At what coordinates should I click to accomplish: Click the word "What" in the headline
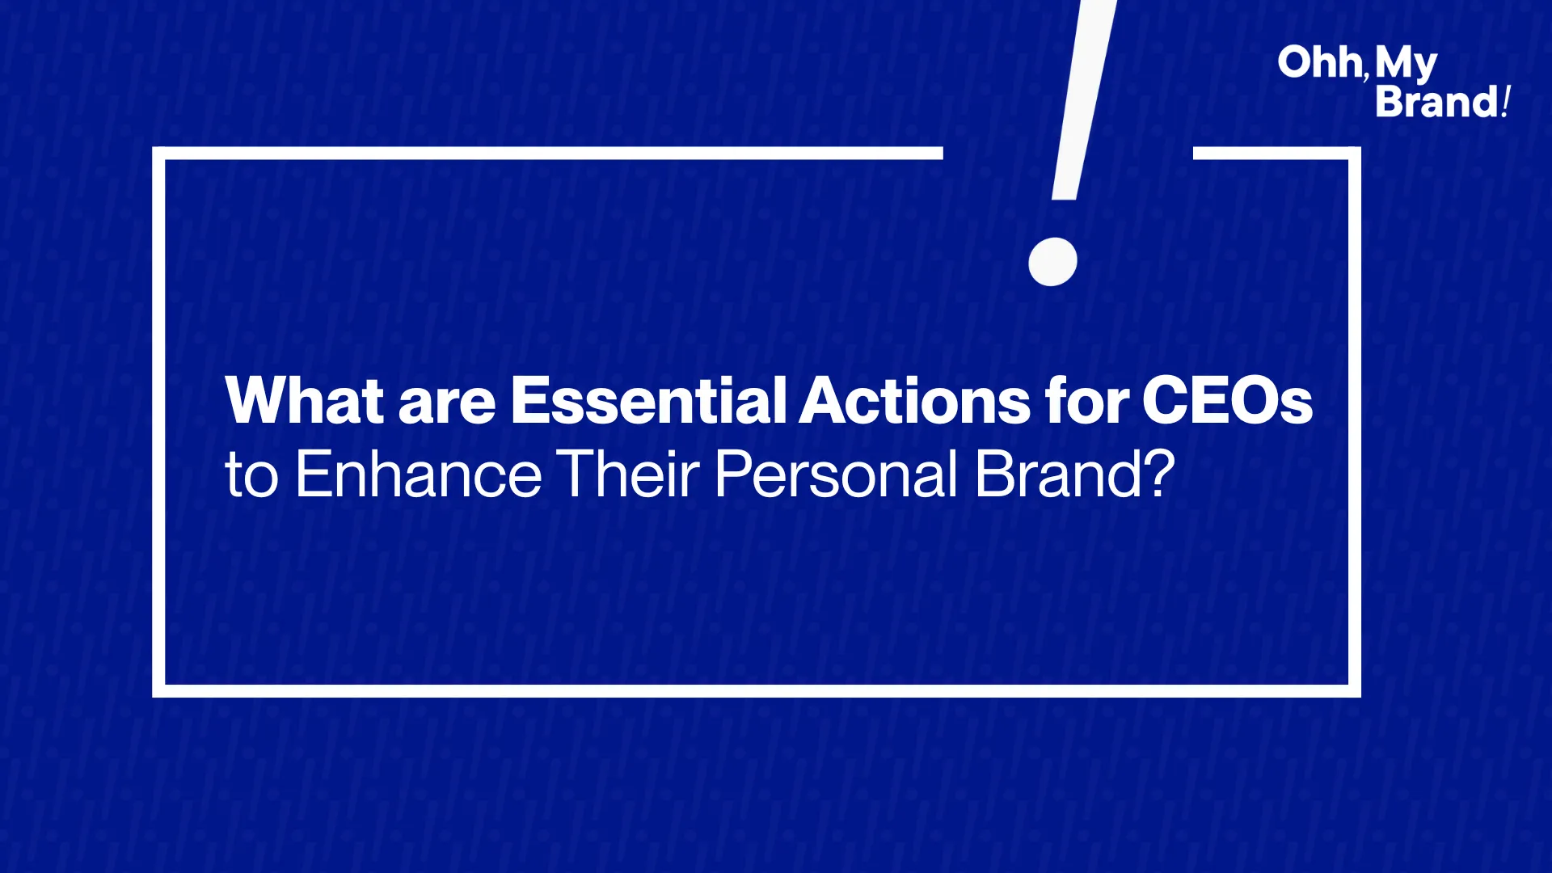pos(305,399)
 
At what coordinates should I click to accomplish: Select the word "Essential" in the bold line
pos(648,399)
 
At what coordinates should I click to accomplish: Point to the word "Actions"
pos(914,399)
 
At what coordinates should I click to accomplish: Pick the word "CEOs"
pos(1227,399)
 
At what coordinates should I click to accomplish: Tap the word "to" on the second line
pos(251,476)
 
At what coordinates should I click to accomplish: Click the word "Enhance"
pos(419,474)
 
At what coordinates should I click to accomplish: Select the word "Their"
pos(628,474)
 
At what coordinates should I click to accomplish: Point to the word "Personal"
pos(836,474)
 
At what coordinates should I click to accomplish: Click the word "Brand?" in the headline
pos(1074,474)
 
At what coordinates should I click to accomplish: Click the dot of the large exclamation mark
pos(1052,261)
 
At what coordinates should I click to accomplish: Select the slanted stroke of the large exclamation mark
pos(1083,99)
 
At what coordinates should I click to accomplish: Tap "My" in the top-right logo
pos(1406,65)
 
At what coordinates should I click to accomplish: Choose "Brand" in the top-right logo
pos(1437,102)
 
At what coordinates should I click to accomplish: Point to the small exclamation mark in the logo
pos(1505,102)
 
